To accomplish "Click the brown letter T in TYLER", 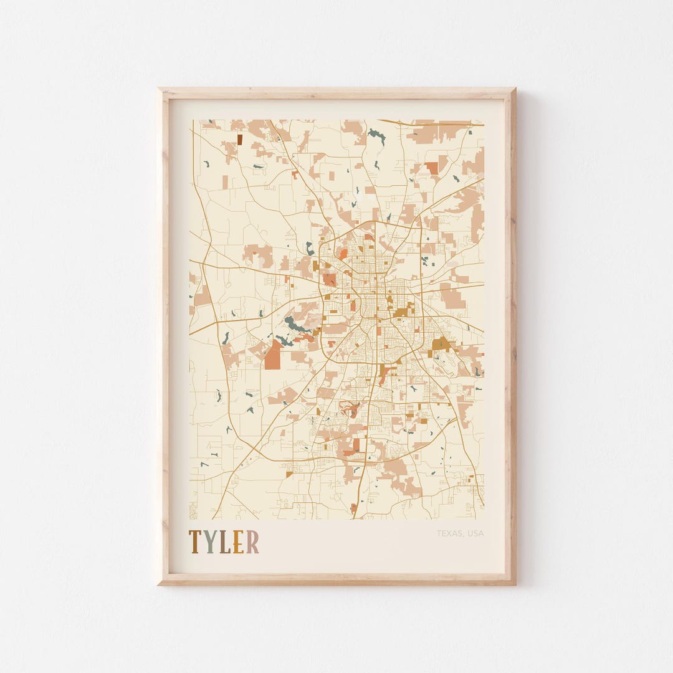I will click(194, 542).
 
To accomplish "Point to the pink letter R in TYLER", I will click(252, 542).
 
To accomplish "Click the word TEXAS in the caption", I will click(449, 533).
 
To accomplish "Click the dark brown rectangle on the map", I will click(239, 140).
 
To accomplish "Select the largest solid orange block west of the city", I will click(272, 356).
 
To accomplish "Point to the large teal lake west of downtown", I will click(293, 324).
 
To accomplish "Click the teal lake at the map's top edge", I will click(376, 133).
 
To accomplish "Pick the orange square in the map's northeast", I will click(432, 168).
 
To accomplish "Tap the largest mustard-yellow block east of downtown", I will click(441, 343).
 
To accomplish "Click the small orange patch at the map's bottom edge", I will click(354, 508).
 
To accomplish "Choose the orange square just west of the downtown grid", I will click(330, 280).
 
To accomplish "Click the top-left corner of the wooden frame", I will click(160, 90).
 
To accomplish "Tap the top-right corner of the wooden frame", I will click(514, 90).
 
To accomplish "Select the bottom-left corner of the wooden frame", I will click(160, 583).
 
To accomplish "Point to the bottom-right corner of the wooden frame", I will click(514, 583).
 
